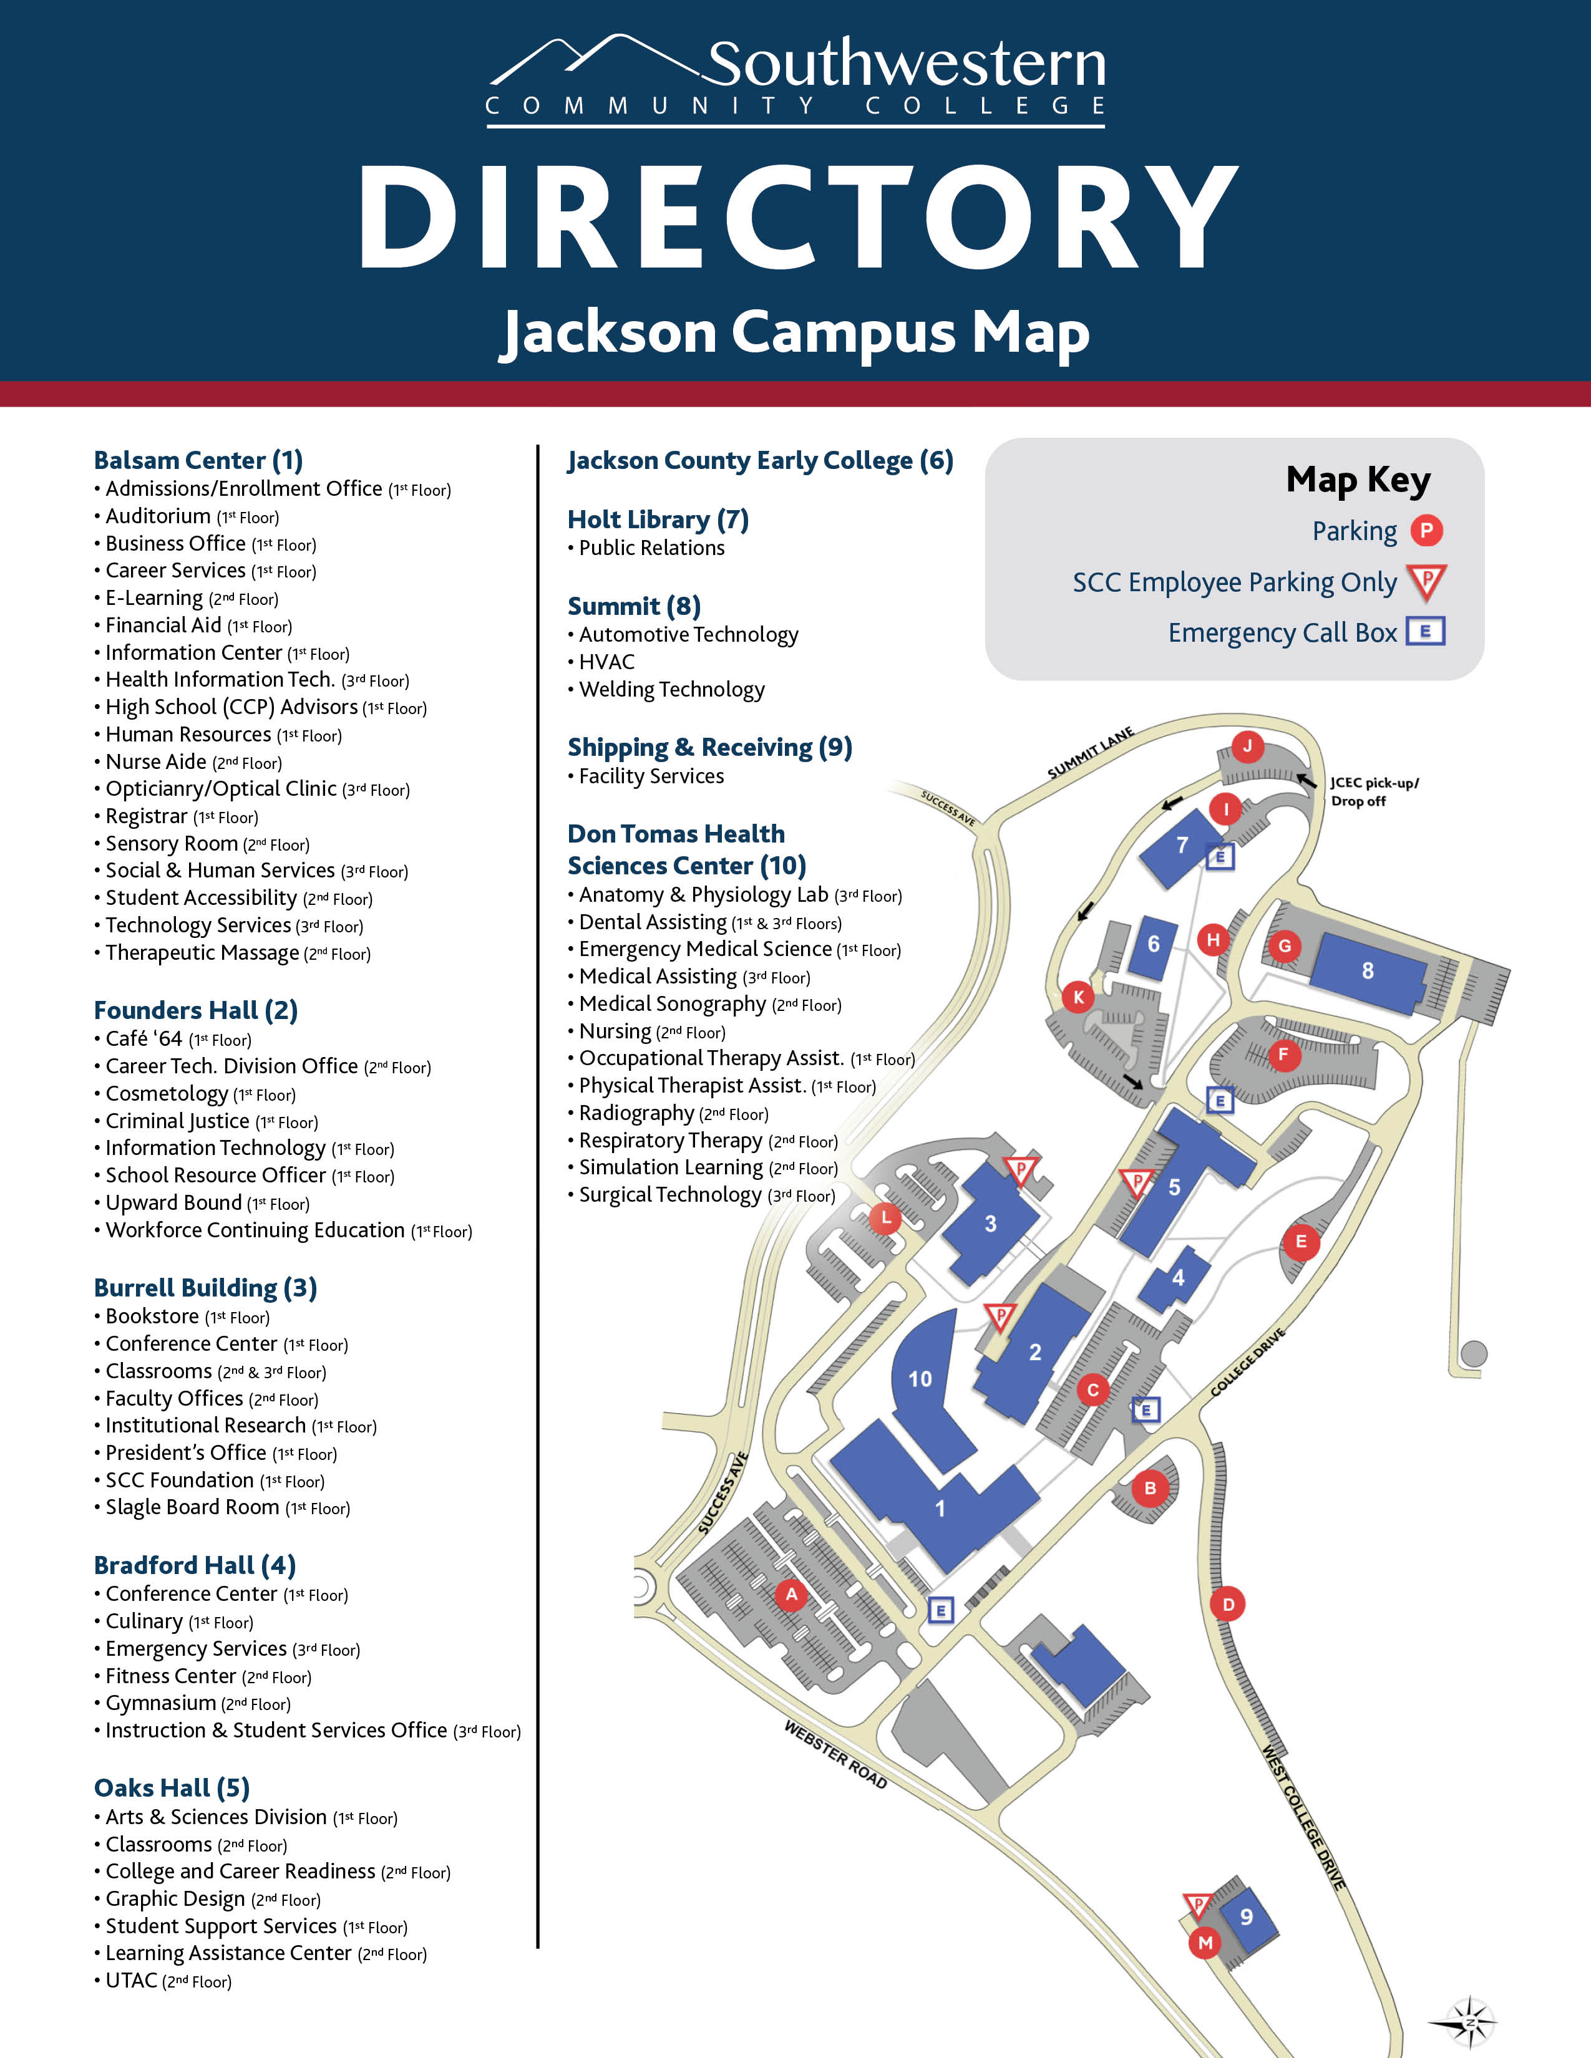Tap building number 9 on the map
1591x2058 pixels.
(1246, 1916)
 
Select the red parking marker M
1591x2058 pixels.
(1205, 1942)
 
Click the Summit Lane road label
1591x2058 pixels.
(1091, 753)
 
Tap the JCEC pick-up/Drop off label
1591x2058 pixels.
(1373, 791)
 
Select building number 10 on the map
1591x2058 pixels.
(920, 1379)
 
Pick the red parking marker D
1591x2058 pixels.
(1228, 1604)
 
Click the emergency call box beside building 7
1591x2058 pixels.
(1220, 856)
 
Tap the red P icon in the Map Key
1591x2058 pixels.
(1426, 531)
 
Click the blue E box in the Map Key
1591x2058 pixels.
(1425, 631)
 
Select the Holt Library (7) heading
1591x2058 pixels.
(658, 519)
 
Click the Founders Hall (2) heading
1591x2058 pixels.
(196, 1010)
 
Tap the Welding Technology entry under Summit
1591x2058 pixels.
(671, 690)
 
